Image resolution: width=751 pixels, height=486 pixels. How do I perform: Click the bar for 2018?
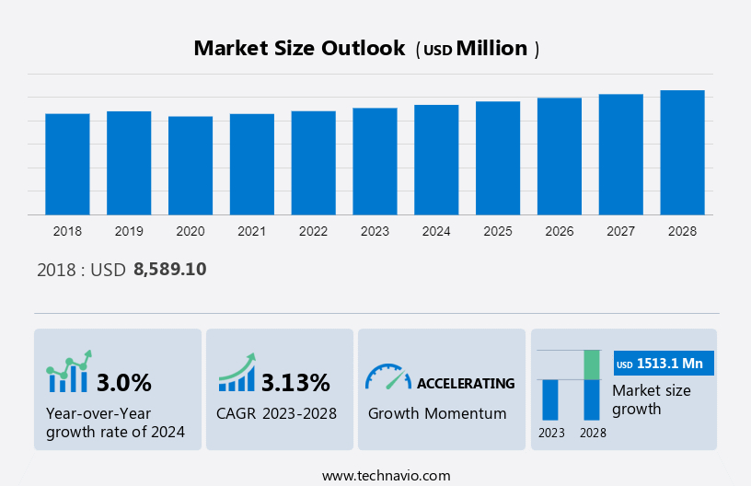click(x=67, y=164)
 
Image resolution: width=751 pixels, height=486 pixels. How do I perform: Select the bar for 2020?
click(x=191, y=166)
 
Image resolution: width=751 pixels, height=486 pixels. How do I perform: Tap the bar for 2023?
click(x=375, y=161)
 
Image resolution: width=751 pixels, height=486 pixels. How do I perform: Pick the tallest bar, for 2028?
click(x=682, y=153)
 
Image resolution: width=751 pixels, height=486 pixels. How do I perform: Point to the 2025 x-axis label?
click(x=498, y=231)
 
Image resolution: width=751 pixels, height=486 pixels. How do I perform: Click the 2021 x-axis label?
click(x=251, y=231)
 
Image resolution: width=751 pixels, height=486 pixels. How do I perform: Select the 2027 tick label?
click(x=620, y=231)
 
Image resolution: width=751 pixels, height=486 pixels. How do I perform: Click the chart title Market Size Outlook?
click(x=299, y=49)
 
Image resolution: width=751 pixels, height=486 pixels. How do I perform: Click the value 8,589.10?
click(x=170, y=270)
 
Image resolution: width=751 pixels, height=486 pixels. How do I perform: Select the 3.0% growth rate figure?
click(x=123, y=382)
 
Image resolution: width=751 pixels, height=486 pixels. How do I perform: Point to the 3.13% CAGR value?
click(x=295, y=382)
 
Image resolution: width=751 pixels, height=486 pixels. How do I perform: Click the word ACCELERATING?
click(x=466, y=383)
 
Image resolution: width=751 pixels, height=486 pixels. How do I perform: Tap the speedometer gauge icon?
click(x=387, y=376)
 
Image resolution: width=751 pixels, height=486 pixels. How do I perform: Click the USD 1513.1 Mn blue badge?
click(x=663, y=364)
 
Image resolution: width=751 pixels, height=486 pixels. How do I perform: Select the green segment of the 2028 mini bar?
click(x=592, y=364)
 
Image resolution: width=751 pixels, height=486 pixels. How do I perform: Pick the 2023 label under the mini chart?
click(x=551, y=433)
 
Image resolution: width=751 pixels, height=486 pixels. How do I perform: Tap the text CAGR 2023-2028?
click(x=276, y=413)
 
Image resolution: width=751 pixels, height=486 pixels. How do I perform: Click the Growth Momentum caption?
click(x=437, y=413)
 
